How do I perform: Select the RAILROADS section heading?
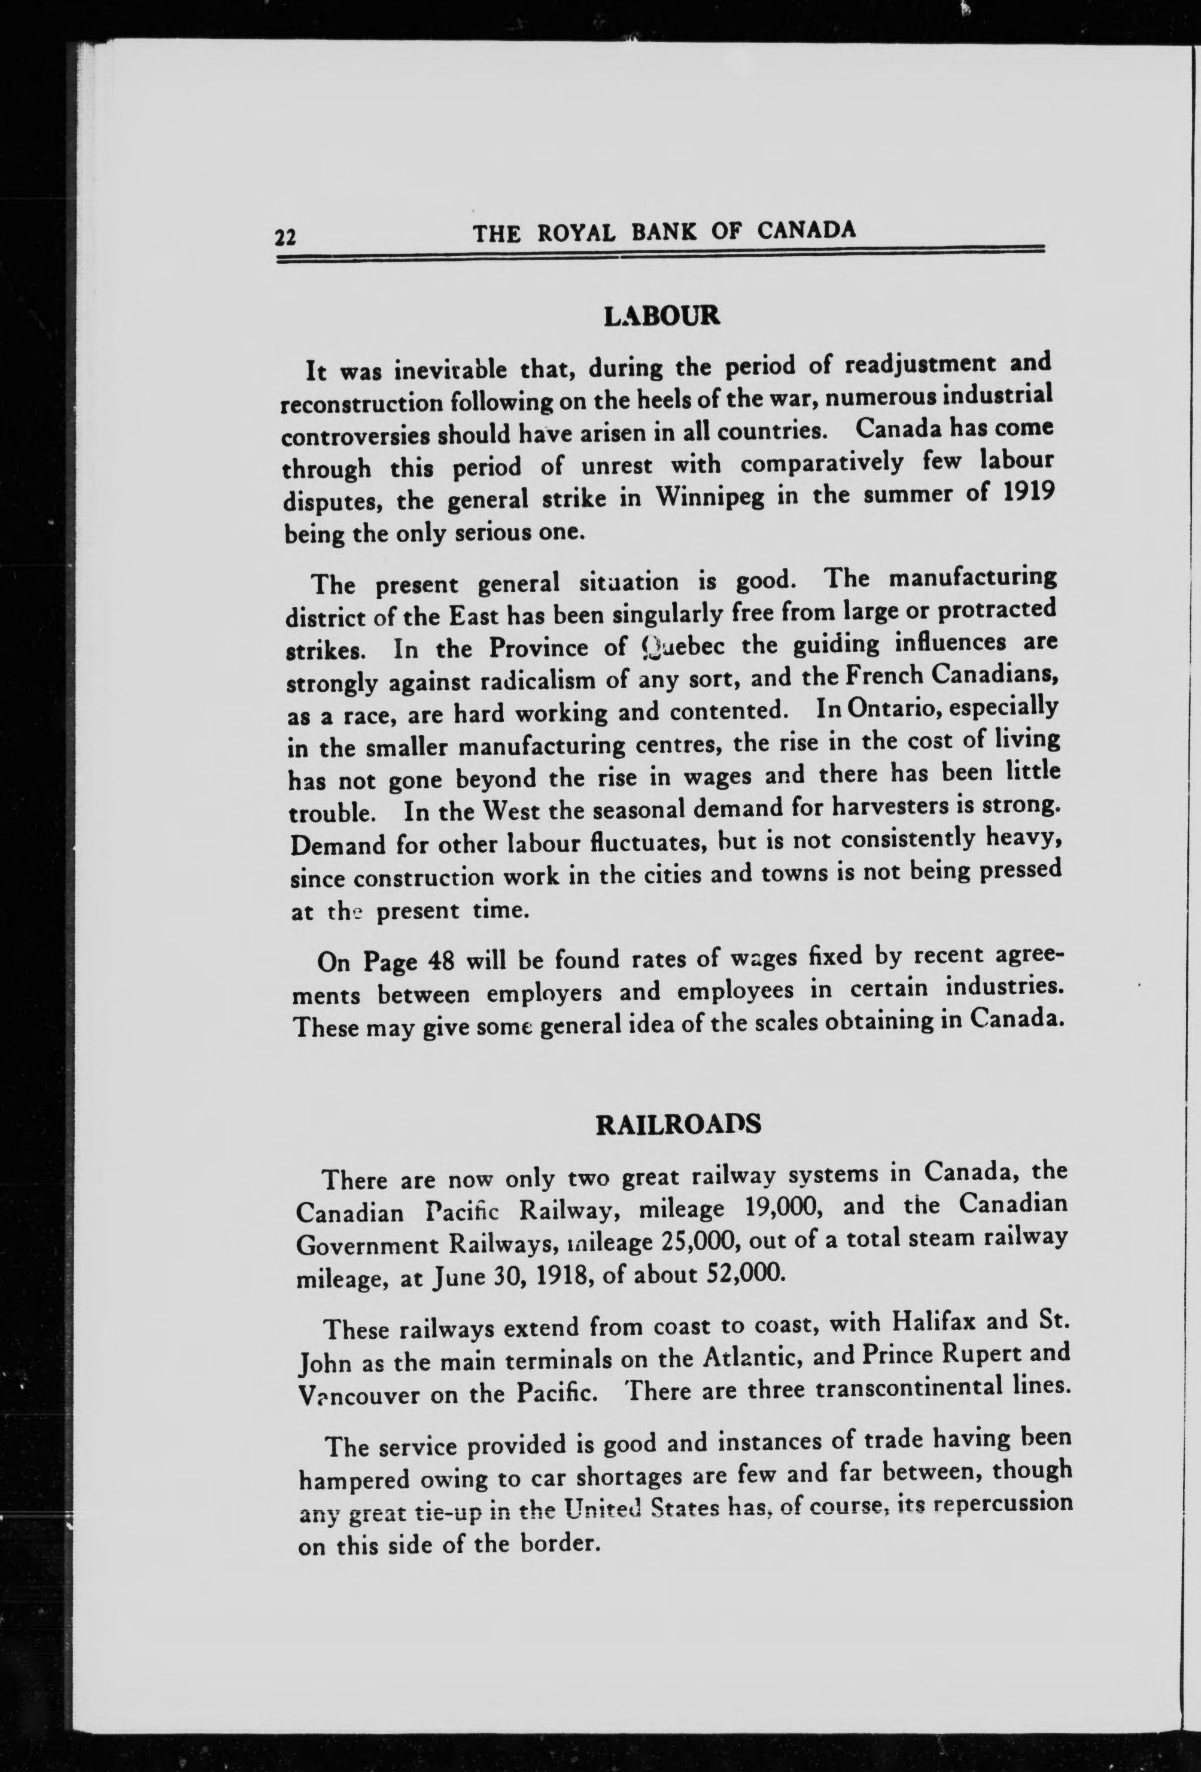click(678, 1124)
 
